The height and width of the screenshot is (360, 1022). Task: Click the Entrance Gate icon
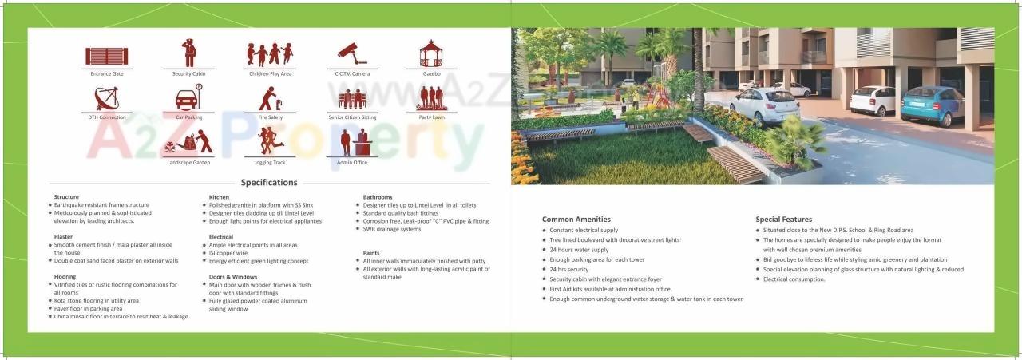pyautogui.click(x=106, y=55)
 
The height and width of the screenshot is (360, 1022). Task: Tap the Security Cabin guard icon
pyautogui.click(x=189, y=54)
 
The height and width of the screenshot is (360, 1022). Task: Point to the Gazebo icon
pyautogui.click(x=432, y=53)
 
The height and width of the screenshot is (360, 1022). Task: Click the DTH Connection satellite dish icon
pyautogui.click(x=106, y=98)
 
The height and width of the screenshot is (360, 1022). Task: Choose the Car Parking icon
pyautogui.click(x=189, y=98)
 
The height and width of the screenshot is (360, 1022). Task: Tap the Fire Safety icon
pyautogui.click(x=270, y=98)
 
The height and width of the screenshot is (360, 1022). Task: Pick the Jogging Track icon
pyautogui.click(x=270, y=141)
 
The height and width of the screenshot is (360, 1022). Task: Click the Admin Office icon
pyautogui.click(x=351, y=142)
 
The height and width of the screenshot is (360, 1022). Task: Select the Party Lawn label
pyautogui.click(x=432, y=117)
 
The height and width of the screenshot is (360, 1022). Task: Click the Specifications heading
pyautogui.click(x=269, y=183)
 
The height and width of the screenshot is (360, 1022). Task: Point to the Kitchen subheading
pyautogui.click(x=219, y=196)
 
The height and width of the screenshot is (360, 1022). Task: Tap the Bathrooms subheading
pyautogui.click(x=378, y=196)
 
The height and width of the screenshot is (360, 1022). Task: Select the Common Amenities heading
pyautogui.click(x=576, y=219)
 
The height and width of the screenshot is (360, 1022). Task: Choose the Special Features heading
pyautogui.click(x=784, y=219)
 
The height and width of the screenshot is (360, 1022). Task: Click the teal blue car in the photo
pyautogui.click(x=932, y=105)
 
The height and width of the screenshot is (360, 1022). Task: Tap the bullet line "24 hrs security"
pyautogui.click(x=568, y=270)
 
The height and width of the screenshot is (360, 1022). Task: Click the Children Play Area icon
pyautogui.click(x=270, y=54)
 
